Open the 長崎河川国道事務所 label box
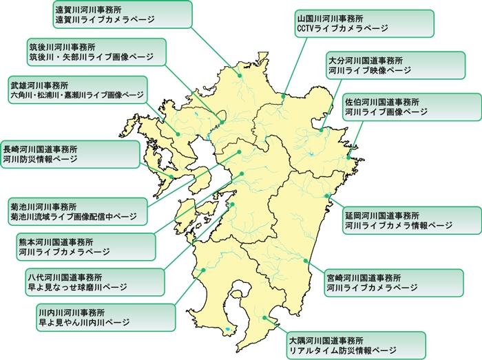[x=49, y=153]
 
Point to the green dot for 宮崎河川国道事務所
[x=306, y=260]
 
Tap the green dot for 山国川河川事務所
[x=282, y=97]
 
